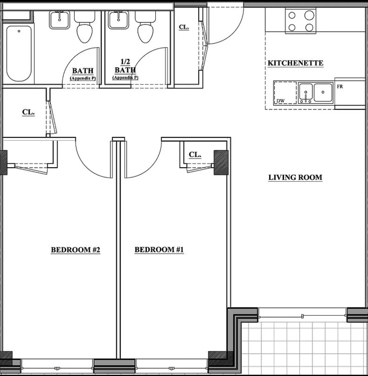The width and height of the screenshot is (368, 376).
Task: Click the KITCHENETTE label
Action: point(295,63)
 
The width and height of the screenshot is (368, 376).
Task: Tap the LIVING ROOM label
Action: point(295,177)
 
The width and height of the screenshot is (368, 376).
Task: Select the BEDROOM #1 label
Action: point(159,250)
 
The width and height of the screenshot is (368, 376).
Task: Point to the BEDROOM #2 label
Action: point(75,250)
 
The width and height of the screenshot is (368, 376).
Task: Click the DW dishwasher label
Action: point(280,101)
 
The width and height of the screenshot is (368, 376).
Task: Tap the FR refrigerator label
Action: point(340,87)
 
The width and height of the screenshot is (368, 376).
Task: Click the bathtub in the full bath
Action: point(19,53)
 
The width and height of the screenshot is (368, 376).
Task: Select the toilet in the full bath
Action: point(84,30)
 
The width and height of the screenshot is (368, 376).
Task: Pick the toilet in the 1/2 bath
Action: point(145,30)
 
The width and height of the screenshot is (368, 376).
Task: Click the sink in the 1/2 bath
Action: point(118,19)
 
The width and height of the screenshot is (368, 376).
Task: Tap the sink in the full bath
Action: point(59,19)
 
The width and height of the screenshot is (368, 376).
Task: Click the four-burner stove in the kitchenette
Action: point(301,21)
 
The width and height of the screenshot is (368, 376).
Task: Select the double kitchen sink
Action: point(316,92)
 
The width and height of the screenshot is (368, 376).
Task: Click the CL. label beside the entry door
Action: point(184,27)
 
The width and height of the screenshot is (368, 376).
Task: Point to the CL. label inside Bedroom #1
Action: point(195,154)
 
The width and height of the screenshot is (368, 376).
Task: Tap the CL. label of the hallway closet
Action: point(28,112)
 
